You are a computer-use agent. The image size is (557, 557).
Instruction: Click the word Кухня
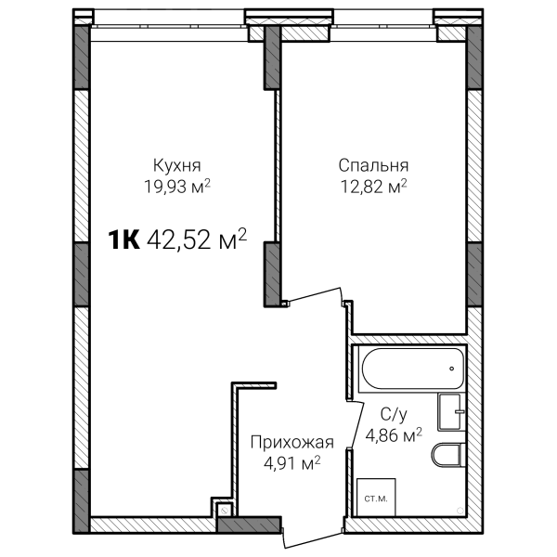[177, 165]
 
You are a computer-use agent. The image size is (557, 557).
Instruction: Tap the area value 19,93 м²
[177, 187]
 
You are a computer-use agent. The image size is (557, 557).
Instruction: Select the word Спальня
[373, 165]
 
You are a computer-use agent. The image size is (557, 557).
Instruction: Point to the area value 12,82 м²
[374, 187]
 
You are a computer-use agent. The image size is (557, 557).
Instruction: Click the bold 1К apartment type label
[124, 240]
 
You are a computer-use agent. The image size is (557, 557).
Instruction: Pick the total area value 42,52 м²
[197, 240]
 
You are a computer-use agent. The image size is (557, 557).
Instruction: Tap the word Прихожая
[292, 443]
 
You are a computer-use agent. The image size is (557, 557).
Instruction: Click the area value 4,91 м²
[292, 463]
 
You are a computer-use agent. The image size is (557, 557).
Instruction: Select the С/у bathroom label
[394, 414]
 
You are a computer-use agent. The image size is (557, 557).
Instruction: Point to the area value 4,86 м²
[394, 434]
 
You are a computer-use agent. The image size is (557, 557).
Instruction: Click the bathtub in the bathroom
[412, 369]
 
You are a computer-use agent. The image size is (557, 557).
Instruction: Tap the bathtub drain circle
[451, 369]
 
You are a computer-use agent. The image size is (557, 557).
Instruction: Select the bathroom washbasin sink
[451, 411]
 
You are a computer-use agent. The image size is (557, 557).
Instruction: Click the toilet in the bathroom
[448, 455]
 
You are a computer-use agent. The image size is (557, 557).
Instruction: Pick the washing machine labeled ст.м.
[376, 497]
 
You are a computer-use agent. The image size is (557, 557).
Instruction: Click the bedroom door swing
[315, 295]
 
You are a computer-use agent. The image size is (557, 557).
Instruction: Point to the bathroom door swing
[356, 424]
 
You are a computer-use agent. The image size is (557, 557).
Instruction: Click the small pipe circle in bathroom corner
[460, 511]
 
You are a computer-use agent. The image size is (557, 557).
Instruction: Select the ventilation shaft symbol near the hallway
[225, 511]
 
